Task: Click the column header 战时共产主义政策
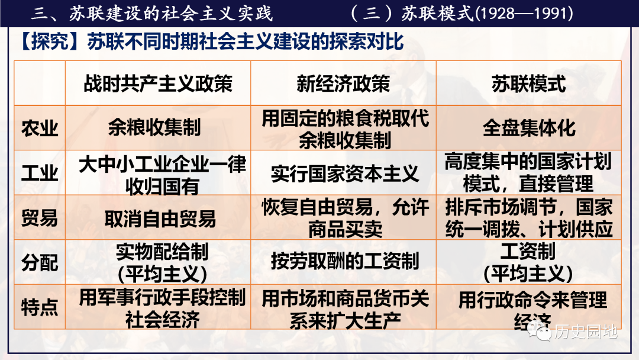click(x=158, y=84)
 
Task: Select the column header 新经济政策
click(x=343, y=84)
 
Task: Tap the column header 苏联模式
click(x=528, y=84)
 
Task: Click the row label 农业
click(x=40, y=128)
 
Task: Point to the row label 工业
click(x=40, y=173)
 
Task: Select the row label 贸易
click(x=40, y=218)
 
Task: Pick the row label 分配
click(x=40, y=263)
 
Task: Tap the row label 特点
click(x=40, y=307)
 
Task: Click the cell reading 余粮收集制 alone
click(x=154, y=128)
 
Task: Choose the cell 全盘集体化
click(x=529, y=128)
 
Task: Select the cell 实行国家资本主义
click(x=345, y=173)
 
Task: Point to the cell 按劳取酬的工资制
click(x=345, y=261)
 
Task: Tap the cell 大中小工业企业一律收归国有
click(x=162, y=175)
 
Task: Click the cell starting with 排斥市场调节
click(x=529, y=218)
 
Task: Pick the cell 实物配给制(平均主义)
click(x=162, y=263)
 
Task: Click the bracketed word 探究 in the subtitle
click(x=50, y=41)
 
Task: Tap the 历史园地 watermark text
click(x=586, y=332)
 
